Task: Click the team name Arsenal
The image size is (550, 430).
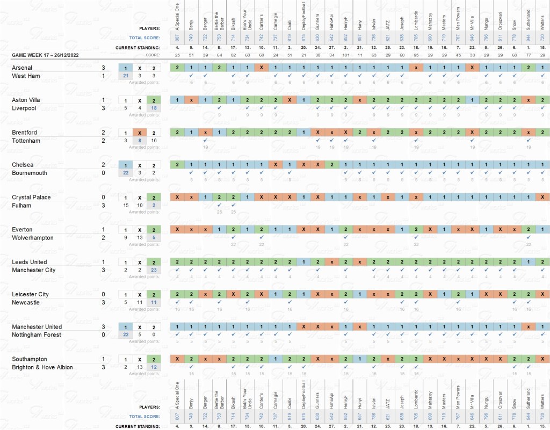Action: click(x=22, y=68)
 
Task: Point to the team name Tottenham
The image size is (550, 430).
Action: click(x=26, y=141)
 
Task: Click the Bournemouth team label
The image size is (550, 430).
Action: click(x=30, y=173)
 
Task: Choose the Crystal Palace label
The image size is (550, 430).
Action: click(x=31, y=198)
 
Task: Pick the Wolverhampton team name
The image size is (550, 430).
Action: click(x=33, y=238)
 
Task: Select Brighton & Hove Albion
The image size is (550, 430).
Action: click(x=42, y=367)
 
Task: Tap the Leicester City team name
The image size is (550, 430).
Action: click(x=30, y=294)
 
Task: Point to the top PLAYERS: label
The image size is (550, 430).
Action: click(x=150, y=28)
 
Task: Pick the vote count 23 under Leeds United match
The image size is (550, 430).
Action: click(x=154, y=270)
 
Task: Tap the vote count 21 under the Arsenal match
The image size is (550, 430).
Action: click(x=125, y=76)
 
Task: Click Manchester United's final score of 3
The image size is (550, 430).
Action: click(x=103, y=327)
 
